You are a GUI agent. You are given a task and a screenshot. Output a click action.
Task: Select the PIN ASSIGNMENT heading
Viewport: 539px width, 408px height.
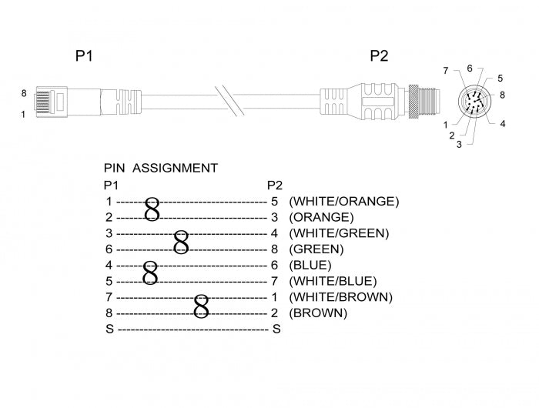(160, 168)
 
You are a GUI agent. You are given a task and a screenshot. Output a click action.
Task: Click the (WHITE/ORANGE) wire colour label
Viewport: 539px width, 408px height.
(343, 201)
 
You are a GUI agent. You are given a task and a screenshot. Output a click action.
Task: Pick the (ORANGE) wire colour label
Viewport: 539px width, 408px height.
(321, 217)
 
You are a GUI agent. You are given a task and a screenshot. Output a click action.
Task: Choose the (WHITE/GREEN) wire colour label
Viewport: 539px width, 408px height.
(339, 233)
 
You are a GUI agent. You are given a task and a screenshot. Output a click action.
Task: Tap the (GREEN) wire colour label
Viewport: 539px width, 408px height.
(316, 249)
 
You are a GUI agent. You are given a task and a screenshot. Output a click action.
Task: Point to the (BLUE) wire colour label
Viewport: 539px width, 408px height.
(311, 266)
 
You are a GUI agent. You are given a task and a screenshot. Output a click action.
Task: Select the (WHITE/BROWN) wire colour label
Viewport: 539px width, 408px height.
(340, 297)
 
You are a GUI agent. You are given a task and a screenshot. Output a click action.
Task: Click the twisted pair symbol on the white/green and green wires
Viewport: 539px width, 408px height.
(181, 241)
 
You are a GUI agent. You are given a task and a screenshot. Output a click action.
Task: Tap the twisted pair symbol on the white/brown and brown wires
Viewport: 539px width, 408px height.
(202, 305)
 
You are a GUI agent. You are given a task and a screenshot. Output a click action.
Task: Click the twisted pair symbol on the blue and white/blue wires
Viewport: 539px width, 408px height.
(151, 273)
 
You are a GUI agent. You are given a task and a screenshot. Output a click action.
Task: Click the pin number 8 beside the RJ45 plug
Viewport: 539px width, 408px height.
(24, 93)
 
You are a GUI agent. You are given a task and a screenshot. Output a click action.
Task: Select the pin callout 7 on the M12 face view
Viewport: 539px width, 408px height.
(445, 71)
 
